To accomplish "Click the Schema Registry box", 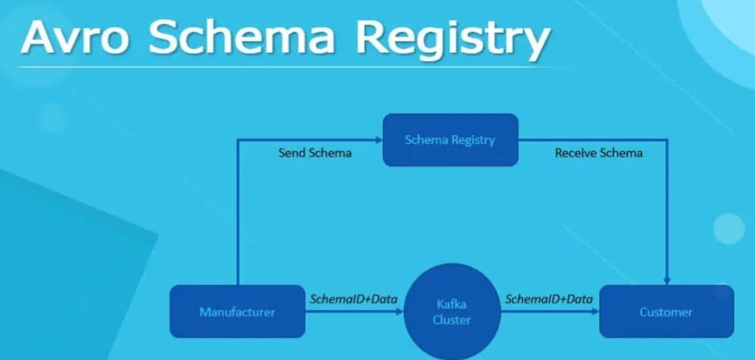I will (450, 140).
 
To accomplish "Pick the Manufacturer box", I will (237, 312).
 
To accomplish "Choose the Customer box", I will (666, 312).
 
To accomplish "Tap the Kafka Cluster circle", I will (451, 312).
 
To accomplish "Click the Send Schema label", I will (314, 153).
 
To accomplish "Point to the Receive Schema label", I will (598, 153).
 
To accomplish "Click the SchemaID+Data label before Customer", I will (549, 299).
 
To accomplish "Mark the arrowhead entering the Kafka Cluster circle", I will (399, 312).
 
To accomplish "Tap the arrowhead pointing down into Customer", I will (667, 281).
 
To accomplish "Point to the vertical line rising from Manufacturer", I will (238, 215).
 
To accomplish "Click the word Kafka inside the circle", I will (451, 304).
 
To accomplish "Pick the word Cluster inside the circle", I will (451, 319).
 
